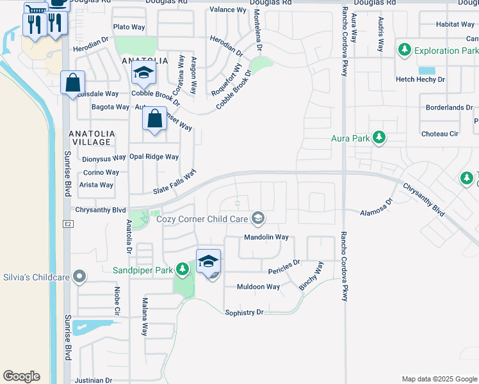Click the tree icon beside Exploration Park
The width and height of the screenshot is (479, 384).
405,50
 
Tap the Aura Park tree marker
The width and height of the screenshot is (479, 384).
379,138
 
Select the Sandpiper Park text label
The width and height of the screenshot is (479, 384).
143,270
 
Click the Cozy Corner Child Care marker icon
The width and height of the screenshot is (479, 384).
257,219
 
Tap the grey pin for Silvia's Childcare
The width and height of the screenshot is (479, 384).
79,276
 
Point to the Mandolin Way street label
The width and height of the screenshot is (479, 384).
266,237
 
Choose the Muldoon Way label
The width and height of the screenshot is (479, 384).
258,287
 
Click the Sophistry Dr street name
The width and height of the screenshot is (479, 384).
244,312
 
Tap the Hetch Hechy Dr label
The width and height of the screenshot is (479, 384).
420,79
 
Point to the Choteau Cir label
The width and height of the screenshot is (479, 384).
440,134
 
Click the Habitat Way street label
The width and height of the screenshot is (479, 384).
455,24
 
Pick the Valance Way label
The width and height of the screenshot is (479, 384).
228,10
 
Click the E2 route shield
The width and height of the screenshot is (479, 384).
68,224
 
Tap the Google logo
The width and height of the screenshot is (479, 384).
21,376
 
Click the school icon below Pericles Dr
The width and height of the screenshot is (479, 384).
208,262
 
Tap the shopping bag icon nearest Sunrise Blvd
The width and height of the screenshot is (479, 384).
73,83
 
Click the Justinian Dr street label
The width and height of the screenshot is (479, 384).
93,380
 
